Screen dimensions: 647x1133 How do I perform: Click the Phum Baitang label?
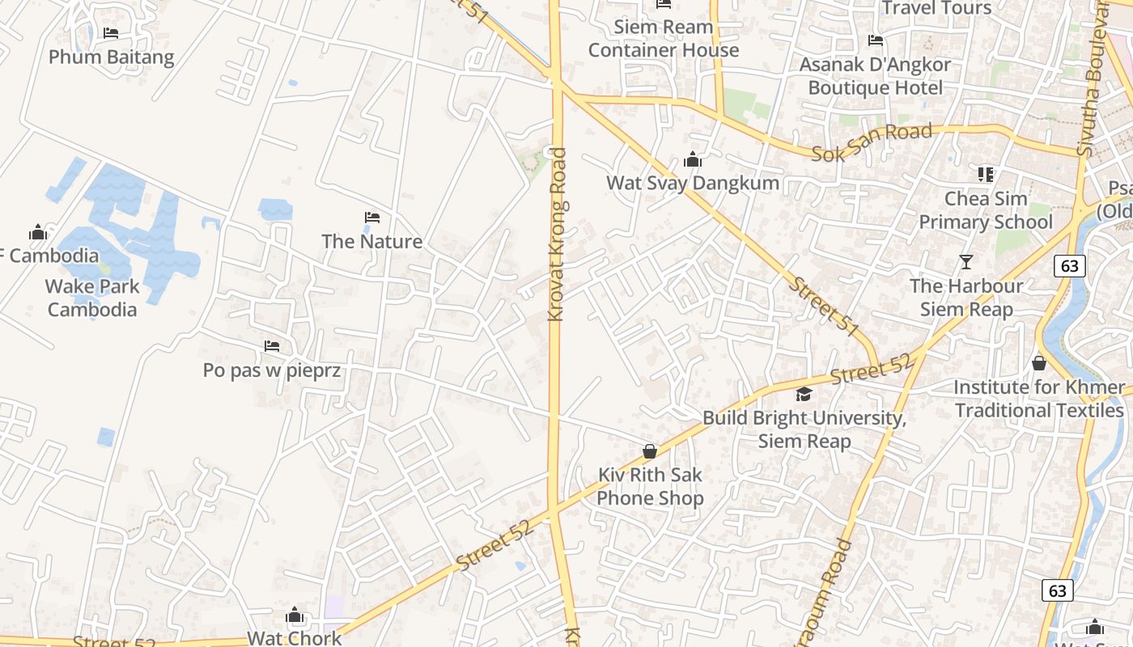click(x=111, y=57)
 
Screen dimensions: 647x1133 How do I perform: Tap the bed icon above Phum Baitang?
click(x=111, y=33)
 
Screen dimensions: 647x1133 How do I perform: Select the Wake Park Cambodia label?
click(x=92, y=298)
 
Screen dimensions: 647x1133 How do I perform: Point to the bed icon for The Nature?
click(x=372, y=218)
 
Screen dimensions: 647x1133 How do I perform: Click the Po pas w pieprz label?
click(x=271, y=370)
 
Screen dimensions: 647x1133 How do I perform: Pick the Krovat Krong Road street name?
click(x=556, y=235)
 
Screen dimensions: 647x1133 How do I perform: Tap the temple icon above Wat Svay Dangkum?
click(x=693, y=159)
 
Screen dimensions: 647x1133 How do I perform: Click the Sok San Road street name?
click(x=872, y=142)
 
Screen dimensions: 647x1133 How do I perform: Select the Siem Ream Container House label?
click(x=664, y=38)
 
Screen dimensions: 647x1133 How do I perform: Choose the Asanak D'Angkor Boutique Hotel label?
click(x=876, y=76)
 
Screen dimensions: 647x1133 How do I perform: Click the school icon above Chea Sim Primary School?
click(x=985, y=174)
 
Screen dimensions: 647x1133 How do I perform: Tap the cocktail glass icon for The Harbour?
click(x=965, y=261)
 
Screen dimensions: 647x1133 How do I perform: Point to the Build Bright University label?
click(x=804, y=429)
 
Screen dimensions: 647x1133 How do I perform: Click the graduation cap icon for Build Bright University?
click(x=804, y=394)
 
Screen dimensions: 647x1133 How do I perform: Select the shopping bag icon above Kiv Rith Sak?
click(x=650, y=451)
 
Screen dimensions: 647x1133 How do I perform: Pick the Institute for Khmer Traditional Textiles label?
click(x=1039, y=399)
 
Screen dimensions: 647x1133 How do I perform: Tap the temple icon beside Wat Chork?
click(x=295, y=616)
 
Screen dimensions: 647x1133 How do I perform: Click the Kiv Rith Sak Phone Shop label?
click(x=651, y=486)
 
